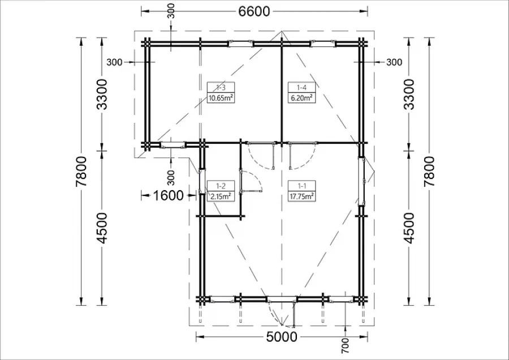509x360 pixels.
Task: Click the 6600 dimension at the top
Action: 254,11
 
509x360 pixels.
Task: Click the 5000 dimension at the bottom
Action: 282,337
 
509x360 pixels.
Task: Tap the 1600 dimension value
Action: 168,196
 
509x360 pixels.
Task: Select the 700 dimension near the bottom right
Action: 346,346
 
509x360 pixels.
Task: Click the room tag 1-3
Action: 221,87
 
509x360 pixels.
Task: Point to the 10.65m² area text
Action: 221,98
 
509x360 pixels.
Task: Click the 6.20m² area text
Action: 301,98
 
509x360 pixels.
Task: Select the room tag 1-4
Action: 301,87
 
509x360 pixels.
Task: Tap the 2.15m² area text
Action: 221,196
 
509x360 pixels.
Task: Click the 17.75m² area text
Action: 301,196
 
